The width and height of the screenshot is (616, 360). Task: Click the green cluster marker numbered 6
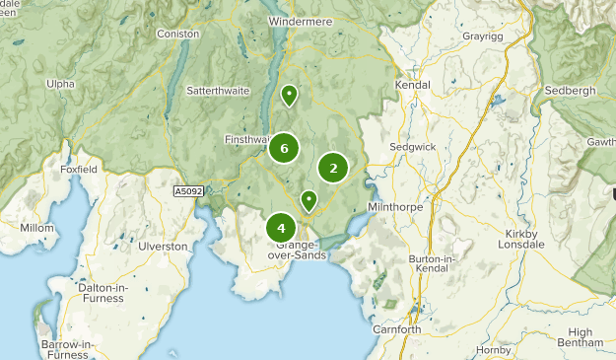(x=284, y=148)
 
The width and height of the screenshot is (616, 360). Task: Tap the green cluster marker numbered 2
(x=333, y=169)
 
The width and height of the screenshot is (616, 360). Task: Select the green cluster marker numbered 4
(x=282, y=228)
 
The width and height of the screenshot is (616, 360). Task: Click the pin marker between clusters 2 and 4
(x=308, y=201)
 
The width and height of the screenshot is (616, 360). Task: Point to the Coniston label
(x=177, y=34)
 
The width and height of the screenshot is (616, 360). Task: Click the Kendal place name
(x=413, y=86)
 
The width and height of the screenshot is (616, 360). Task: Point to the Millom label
(x=37, y=228)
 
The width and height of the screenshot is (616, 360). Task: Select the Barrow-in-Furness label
(x=67, y=349)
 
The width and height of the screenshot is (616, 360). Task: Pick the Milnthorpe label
(x=394, y=207)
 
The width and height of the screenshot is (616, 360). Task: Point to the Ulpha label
(x=59, y=84)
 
